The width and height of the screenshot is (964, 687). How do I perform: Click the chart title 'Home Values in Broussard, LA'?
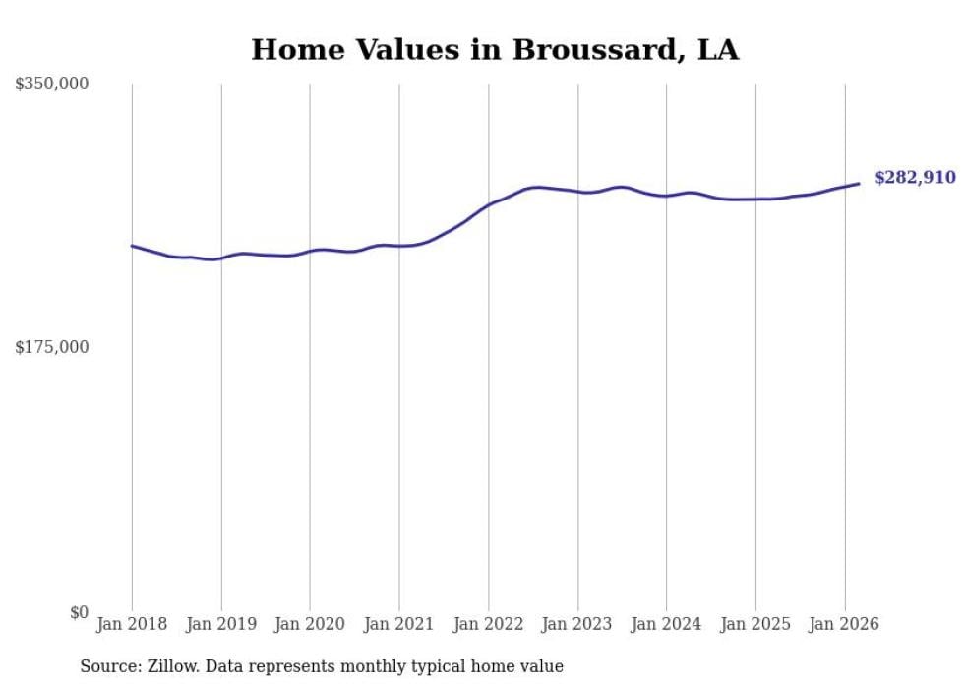tap(494, 50)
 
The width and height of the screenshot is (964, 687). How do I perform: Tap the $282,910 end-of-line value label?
tap(915, 178)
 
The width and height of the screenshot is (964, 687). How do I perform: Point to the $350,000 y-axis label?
tap(51, 85)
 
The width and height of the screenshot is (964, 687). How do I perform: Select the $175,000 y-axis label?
tap(51, 347)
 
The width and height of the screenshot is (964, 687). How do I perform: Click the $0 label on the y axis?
tap(79, 612)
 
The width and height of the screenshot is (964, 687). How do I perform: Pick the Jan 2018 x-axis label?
tap(132, 624)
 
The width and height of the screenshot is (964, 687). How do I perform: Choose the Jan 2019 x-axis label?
tap(221, 624)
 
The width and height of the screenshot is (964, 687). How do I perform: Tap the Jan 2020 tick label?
tap(310, 624)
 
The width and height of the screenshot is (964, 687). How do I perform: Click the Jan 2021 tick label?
tap(399, 624)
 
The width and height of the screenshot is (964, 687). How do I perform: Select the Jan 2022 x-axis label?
tap(489, 624)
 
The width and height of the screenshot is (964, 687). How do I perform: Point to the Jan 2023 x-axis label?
tap(577, 624)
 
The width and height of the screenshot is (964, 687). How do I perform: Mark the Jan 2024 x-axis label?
tap(667, 624)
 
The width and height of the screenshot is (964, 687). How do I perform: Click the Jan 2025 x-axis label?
tap(755, 624)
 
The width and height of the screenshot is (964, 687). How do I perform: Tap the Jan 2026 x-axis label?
tap(845, 624)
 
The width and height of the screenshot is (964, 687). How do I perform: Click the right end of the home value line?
tap(859, 184)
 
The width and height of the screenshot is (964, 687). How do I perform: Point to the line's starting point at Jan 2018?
tap(132, 246)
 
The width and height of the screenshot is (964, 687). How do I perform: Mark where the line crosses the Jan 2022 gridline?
tap(489, 204)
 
